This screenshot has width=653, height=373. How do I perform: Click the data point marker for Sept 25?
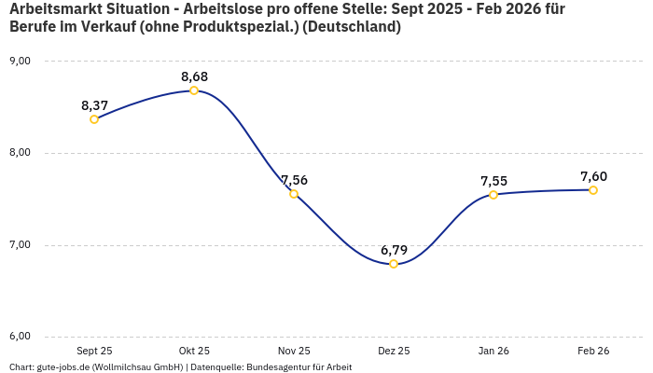94,119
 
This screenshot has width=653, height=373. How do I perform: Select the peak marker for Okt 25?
194,90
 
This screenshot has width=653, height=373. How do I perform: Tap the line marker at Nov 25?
294,194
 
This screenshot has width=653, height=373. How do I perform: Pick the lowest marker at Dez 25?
394,264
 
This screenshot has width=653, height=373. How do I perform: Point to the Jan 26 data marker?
493,195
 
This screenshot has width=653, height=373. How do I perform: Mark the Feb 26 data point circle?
593,190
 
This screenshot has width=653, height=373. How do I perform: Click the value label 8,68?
194,76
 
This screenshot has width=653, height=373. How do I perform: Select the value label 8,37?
94,105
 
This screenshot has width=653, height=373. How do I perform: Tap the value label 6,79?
394,250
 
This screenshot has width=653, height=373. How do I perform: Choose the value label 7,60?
593,176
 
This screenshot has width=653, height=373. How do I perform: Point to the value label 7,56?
294,180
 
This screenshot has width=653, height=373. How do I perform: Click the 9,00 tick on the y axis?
20,61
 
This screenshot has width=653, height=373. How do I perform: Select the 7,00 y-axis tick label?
20,244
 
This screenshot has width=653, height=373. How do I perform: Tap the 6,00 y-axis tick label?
20,336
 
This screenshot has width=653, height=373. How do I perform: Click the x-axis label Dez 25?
394,351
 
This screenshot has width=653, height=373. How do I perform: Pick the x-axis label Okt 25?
194,351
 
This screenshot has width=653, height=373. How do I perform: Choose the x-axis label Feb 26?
593,351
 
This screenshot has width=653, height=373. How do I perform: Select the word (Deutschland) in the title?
358,27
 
